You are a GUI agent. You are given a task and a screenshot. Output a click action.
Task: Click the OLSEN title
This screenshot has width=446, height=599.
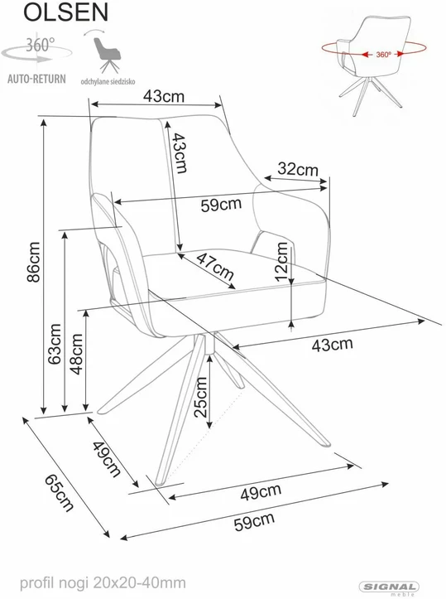(66, 12)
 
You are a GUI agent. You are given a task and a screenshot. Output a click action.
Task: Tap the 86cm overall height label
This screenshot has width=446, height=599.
(34, 262)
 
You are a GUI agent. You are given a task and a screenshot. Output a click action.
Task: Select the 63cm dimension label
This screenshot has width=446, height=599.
(55, 344)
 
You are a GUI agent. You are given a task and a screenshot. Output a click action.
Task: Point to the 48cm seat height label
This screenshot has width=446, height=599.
(76, 354)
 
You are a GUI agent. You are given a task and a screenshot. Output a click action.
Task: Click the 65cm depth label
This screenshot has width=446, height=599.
(59, 493)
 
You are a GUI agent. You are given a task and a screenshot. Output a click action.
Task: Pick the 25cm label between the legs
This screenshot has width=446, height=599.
(200, 398)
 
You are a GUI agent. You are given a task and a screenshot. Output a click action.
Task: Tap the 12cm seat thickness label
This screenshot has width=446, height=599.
(281, 262)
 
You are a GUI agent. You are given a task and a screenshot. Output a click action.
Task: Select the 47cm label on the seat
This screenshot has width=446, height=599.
(215, 267)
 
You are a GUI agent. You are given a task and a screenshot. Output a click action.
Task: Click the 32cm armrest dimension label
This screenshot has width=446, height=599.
(298, 168)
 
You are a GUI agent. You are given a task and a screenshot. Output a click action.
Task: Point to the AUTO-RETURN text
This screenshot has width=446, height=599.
(36, 79)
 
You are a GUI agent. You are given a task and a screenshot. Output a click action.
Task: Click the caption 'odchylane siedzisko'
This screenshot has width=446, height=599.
(108, 81)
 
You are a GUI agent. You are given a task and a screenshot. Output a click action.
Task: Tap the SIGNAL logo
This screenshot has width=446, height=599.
(389, 587)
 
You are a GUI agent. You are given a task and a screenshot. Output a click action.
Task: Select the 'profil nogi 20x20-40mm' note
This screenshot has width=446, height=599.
(103, 583)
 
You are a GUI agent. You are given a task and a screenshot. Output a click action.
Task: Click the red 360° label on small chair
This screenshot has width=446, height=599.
(383, 55)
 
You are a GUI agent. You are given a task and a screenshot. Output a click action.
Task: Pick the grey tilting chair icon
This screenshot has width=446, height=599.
(107, 55)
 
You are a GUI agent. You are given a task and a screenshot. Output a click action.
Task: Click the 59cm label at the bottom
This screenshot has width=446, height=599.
(254, 521)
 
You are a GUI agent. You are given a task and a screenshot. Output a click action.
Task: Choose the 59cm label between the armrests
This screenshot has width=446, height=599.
(221, 205)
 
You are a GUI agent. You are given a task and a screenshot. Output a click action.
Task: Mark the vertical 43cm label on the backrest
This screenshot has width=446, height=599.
(179, 152)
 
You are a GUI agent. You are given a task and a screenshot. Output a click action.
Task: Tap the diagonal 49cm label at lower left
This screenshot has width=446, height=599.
(107, 459)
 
